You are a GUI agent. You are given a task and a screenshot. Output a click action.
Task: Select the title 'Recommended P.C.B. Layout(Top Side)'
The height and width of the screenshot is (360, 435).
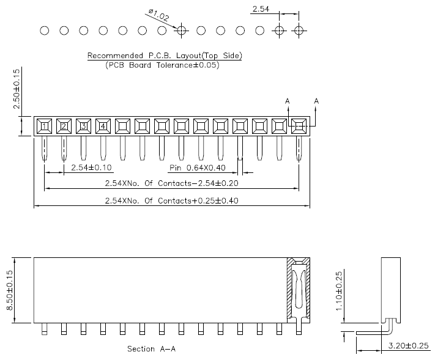click(165, 56)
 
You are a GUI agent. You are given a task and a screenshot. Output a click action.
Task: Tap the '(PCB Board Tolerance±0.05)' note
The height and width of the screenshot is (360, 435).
click(162, 65)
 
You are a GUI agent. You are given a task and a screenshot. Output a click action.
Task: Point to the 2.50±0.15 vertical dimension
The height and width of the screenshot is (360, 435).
click(17, 89)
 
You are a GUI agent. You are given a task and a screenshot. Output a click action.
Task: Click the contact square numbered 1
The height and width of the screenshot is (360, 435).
click(44, 127)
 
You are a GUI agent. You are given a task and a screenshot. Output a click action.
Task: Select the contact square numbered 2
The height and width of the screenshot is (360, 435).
click(64, 127)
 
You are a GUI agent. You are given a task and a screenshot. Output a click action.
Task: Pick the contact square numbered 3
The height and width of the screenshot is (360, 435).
click(83, 127)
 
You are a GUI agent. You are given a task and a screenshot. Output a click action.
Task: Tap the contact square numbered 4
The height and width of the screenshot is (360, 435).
click(103, 127)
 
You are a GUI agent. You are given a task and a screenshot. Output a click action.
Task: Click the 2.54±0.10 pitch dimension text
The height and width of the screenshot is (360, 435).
click(92, 167)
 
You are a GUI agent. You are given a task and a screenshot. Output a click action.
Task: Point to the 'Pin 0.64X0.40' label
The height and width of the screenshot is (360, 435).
click(197, 167)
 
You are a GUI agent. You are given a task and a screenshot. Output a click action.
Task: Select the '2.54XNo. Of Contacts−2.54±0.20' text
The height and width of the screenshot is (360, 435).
click(172, 183)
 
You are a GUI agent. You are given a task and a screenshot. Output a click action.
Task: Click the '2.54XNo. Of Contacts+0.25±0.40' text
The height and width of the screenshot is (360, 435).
click(172, 200)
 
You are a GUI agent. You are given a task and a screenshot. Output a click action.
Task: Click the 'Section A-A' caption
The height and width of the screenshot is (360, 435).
click(152, 349)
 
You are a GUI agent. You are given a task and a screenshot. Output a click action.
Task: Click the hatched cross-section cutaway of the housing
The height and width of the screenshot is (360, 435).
click(299, 287)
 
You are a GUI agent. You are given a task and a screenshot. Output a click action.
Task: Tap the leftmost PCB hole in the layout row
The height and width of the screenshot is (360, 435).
click(44, 30)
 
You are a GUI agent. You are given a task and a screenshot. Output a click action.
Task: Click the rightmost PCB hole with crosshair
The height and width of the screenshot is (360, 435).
click(299, 30)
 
